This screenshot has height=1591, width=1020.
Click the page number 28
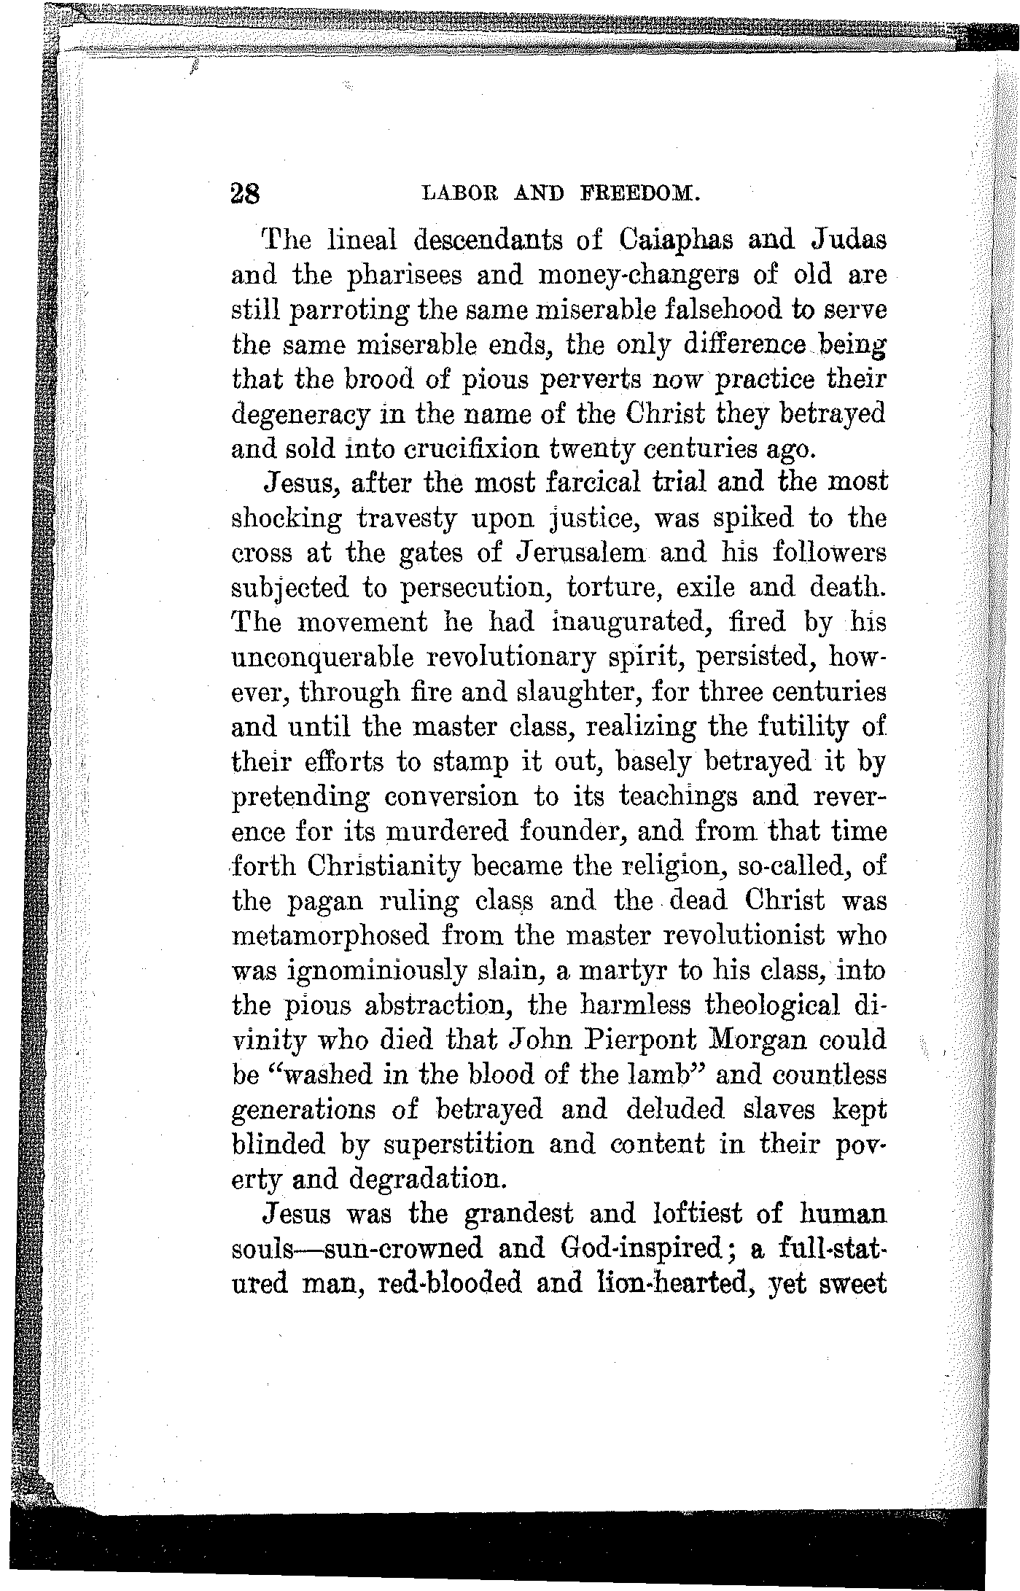pyautogui.click(x=245, y=195)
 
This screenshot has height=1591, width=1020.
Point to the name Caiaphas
pyautogui.click(x=682, y=240)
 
